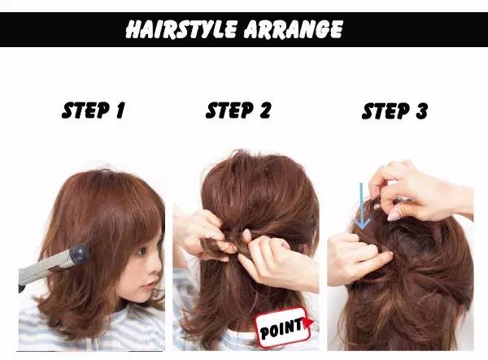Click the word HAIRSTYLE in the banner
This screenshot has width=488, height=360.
tap(181, 29)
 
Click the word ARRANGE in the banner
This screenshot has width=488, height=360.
tap(293, 29)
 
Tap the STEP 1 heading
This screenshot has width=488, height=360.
tap(93, 111)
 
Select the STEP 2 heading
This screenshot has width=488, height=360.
tap(238, 111)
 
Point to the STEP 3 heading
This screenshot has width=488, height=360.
tap(394, 111)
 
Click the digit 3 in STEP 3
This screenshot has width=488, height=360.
tap(421, 111)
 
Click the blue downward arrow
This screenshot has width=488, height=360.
tap(362, 206)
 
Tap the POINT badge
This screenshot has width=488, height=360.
tap(283, 327)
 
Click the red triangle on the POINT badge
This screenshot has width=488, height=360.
tap(308, 323)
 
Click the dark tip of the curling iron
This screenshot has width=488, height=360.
tap(79, 255)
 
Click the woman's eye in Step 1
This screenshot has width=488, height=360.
tap(142, 250)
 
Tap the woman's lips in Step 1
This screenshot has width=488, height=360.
tap(151, 284)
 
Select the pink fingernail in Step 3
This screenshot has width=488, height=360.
tap(394, 216)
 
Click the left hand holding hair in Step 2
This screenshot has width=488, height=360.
tap(203, 234)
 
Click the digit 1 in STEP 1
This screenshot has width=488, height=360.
tap(120, 111)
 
